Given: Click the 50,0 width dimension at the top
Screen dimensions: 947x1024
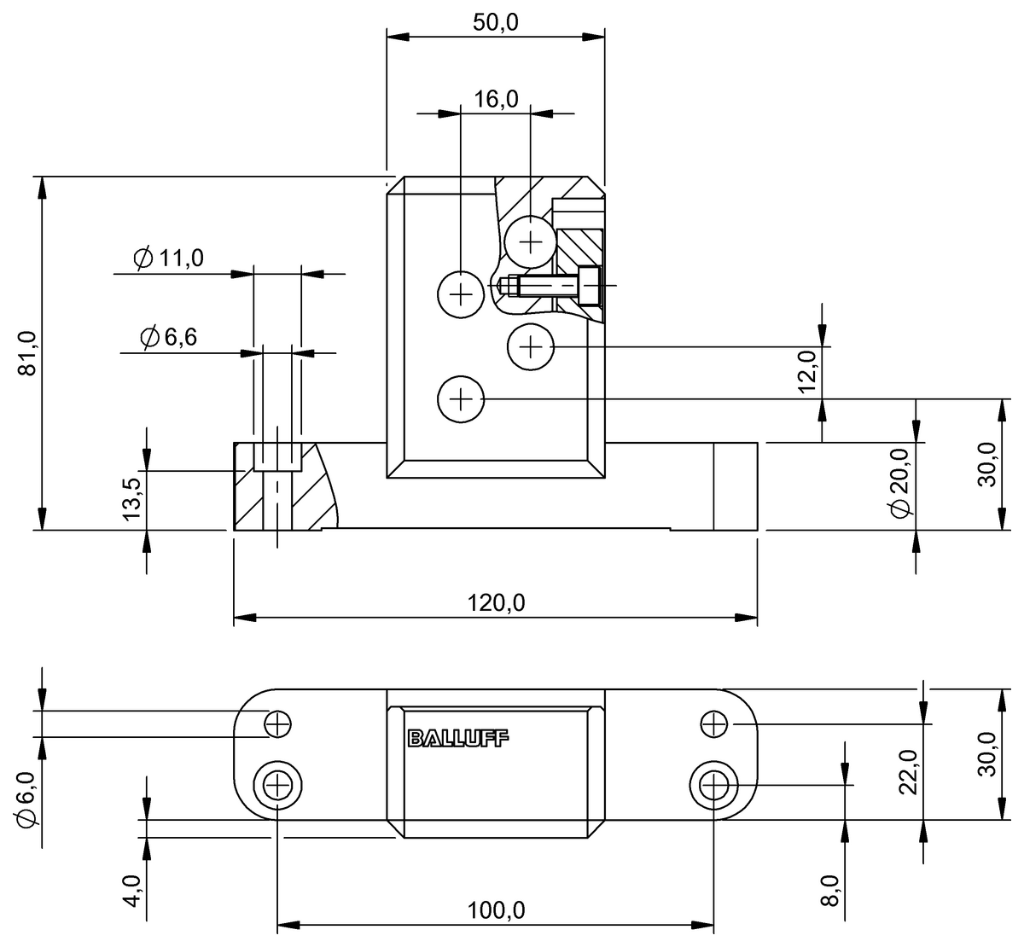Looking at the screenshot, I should point(496,22).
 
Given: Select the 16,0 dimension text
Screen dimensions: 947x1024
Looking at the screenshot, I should point(496,100).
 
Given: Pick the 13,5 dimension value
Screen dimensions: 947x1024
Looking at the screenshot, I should point(132,498).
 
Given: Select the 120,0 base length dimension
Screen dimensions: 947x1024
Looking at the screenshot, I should point(496,602).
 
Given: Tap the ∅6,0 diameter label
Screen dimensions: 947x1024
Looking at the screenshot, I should point(25,799).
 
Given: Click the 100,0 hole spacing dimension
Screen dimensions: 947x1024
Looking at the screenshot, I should point(496,910).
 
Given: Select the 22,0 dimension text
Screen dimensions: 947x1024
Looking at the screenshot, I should point(907,771).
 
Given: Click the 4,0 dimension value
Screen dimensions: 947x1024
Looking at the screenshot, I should point(132,889).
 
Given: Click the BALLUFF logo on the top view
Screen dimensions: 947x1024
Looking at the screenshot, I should point(457,739).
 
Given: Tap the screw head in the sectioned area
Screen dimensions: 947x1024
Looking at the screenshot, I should point(590,286).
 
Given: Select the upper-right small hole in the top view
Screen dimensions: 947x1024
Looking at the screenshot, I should point(713,724).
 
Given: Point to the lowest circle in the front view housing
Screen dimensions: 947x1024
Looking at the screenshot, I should point(460,398).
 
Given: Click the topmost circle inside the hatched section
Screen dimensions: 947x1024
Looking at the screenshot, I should point(531,242).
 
